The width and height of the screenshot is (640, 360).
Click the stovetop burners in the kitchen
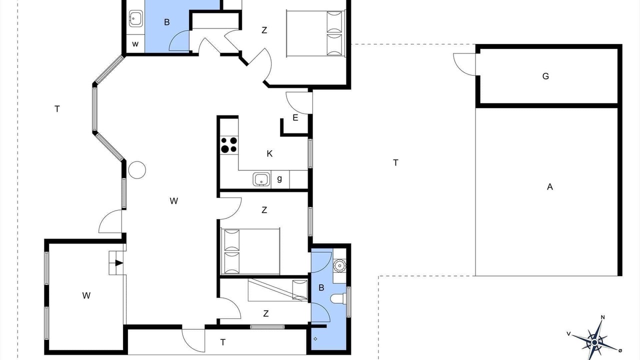229,145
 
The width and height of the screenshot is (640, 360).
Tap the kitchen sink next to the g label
261,179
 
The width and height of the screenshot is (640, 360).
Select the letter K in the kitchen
269,153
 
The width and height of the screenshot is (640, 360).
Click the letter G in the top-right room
545,76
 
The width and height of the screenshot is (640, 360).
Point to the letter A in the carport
549,187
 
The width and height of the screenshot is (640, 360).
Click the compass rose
594,341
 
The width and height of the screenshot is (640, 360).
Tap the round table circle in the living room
137,170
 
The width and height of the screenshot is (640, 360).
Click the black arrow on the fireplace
119,263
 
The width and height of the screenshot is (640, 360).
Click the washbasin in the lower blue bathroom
339,265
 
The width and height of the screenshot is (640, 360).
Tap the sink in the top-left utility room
135,18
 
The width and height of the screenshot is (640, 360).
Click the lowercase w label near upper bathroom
135,44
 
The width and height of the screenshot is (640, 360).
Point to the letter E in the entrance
295,117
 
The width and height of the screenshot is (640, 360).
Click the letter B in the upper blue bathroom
167,22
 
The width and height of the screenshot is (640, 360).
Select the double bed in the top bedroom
315,33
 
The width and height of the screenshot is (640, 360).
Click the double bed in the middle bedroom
250,251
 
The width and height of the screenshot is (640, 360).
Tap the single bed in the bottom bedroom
277,290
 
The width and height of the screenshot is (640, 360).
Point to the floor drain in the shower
315,339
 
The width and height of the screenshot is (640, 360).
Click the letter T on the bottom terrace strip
223,342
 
